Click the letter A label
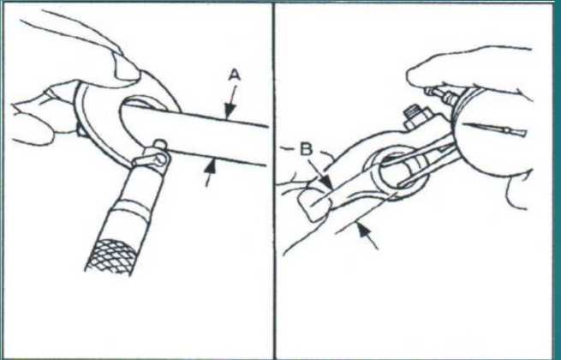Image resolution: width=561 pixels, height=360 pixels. tap(235, 76)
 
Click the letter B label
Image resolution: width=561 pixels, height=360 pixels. tap(306, 150)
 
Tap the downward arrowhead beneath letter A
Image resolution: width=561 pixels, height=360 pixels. tap(229, 111)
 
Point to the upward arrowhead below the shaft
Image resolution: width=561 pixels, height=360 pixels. tap(212, 167)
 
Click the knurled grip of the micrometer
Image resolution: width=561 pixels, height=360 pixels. tap(111, 256)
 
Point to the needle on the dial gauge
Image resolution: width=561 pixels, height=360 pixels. tap(493, 129)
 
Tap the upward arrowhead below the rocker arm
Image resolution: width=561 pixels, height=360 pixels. tap(364, 230)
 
